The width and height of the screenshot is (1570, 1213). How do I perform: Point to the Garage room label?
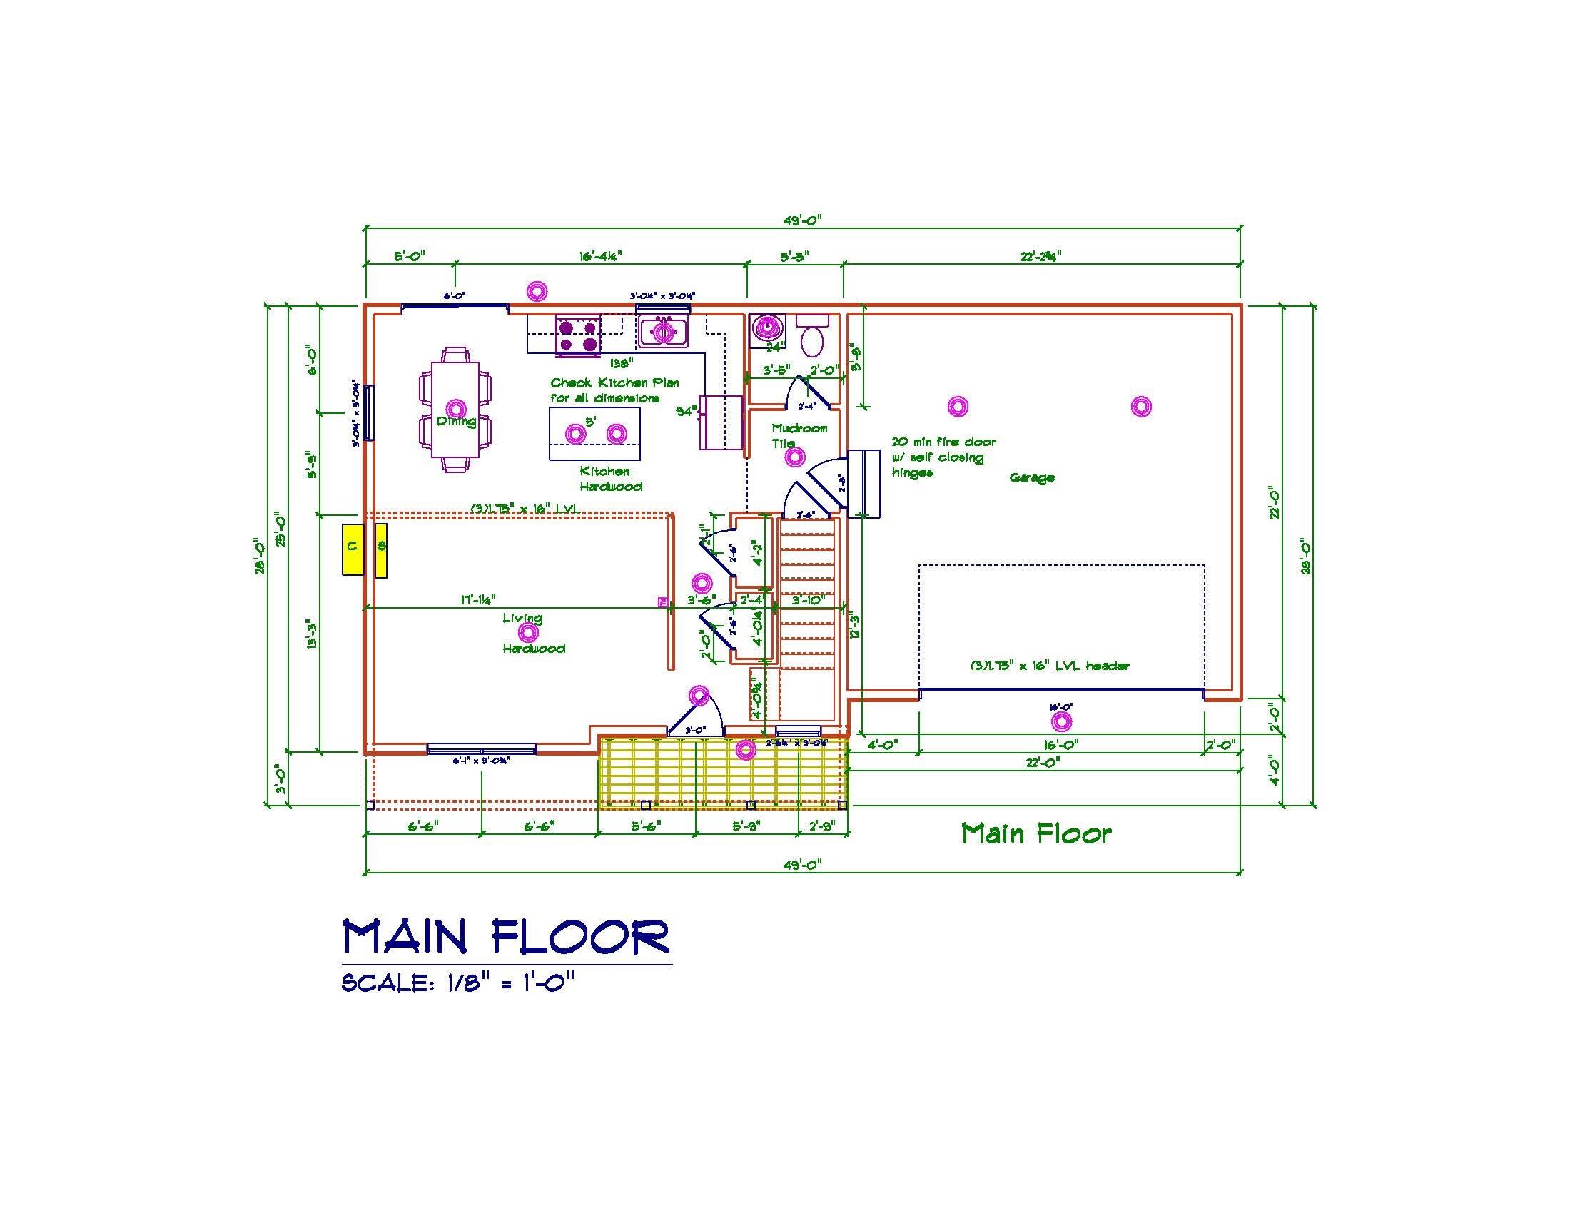coord(1032,477)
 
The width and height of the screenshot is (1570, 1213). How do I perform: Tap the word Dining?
coord(456,421)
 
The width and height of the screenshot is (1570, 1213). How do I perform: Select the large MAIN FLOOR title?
coord(506,936)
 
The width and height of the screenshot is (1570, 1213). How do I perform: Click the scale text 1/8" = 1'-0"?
coord(458,983)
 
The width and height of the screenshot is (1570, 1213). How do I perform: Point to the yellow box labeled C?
coord(352,549)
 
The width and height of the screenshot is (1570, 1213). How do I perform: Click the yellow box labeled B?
coord(381,549)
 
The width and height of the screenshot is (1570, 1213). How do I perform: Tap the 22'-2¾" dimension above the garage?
coord(1040,256)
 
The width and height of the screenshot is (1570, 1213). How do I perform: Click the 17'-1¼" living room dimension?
coord(477,599)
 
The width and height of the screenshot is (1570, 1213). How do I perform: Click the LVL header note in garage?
coord(1050,666)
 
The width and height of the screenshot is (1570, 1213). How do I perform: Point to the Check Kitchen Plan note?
coord(614,390)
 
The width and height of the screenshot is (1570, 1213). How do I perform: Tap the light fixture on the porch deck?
coord(746,750)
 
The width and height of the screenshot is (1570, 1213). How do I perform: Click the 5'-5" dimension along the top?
coord(794,256)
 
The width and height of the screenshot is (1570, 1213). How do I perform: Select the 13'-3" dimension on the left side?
coord(311,635)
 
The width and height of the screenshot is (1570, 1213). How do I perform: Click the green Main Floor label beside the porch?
coord(1037,833)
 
